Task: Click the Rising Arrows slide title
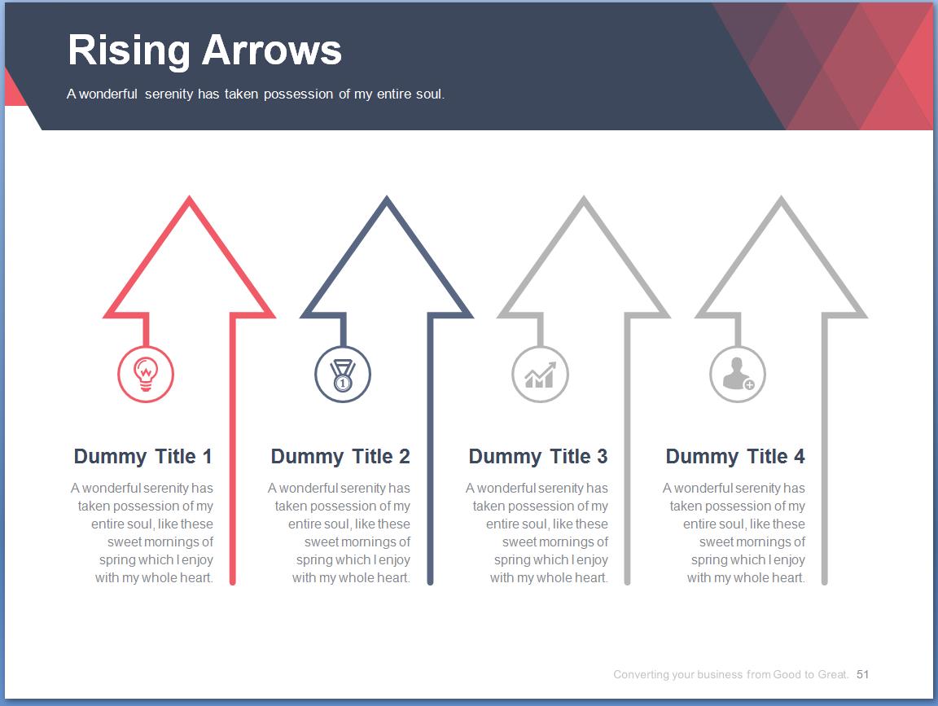[204, 50]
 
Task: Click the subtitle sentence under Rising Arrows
[256, 94]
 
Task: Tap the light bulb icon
[146, 375]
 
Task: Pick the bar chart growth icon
[540, 375]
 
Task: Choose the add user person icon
[739, 374]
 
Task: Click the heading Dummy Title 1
[143, 457]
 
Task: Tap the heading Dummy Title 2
[340, 457]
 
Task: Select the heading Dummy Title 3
[537, 457]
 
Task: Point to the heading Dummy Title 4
[735, 457]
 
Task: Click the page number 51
[862, 674]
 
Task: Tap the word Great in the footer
[833, 674]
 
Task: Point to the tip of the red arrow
[190, 196]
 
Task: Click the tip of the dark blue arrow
[387, 196]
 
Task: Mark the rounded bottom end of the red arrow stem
[233, 581]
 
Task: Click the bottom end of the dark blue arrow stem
[430, 581]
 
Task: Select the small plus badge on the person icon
[749, 384]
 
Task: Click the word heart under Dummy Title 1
[197, 578]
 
